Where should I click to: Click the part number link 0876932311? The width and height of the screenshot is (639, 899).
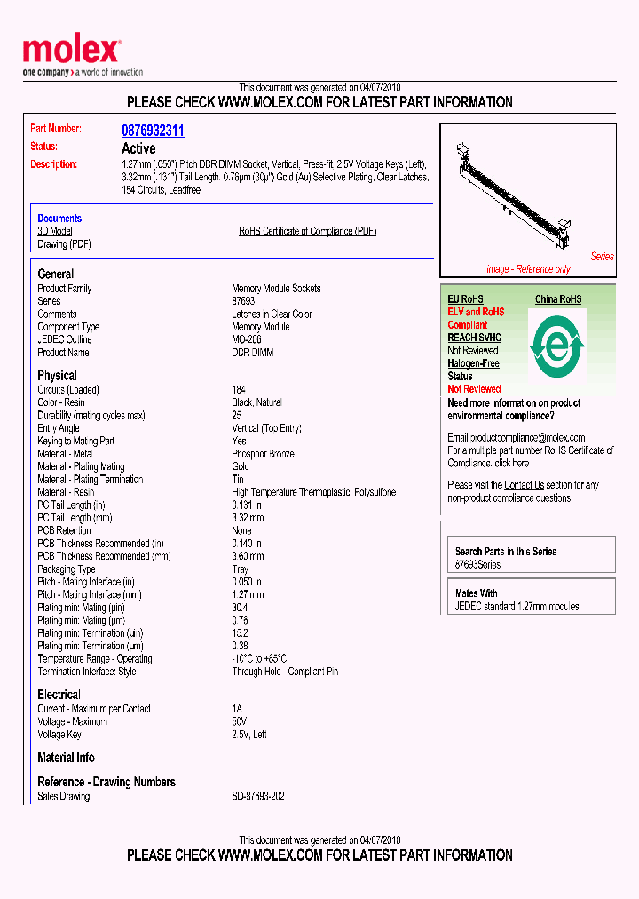click(x=153, y=131)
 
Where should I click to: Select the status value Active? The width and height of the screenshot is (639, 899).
click(x=138, y=148)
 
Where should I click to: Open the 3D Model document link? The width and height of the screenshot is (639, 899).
click(x=55, y=231)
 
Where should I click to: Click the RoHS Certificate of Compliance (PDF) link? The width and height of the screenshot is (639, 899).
click(x=307, y=231)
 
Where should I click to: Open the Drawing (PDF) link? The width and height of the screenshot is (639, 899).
click(x=64, y=244)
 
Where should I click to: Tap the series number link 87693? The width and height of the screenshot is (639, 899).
click(x=243, y=301)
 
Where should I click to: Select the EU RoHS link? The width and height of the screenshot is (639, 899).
click(x=465, y=299)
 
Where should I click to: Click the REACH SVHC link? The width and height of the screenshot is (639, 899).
click(x=474, y=338)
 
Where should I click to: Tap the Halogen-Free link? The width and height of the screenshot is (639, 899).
click(x=473, y=363)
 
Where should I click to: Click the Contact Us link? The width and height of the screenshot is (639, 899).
click(x=524, y=485)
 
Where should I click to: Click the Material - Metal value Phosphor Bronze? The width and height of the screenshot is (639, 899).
click(x=263, y=454)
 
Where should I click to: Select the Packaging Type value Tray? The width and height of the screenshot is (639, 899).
click(x=241, y=569)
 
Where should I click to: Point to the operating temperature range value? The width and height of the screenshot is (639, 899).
click(x=259, y=659)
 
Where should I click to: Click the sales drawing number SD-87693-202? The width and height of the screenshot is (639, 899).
click(x=258, y=797)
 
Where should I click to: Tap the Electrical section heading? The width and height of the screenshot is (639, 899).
click(x=59, y=695)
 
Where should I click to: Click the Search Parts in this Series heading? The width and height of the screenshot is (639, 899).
click(x=506, y=552)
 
